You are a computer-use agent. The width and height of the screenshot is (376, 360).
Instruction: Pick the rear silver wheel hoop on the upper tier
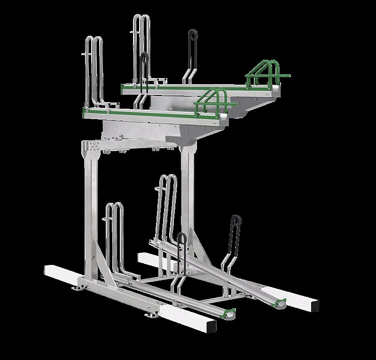[x=141, y=47]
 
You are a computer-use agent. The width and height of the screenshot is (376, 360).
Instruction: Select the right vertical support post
[x=188, y=198]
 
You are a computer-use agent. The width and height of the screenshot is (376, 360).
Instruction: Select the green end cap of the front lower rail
[x=230, y=312]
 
